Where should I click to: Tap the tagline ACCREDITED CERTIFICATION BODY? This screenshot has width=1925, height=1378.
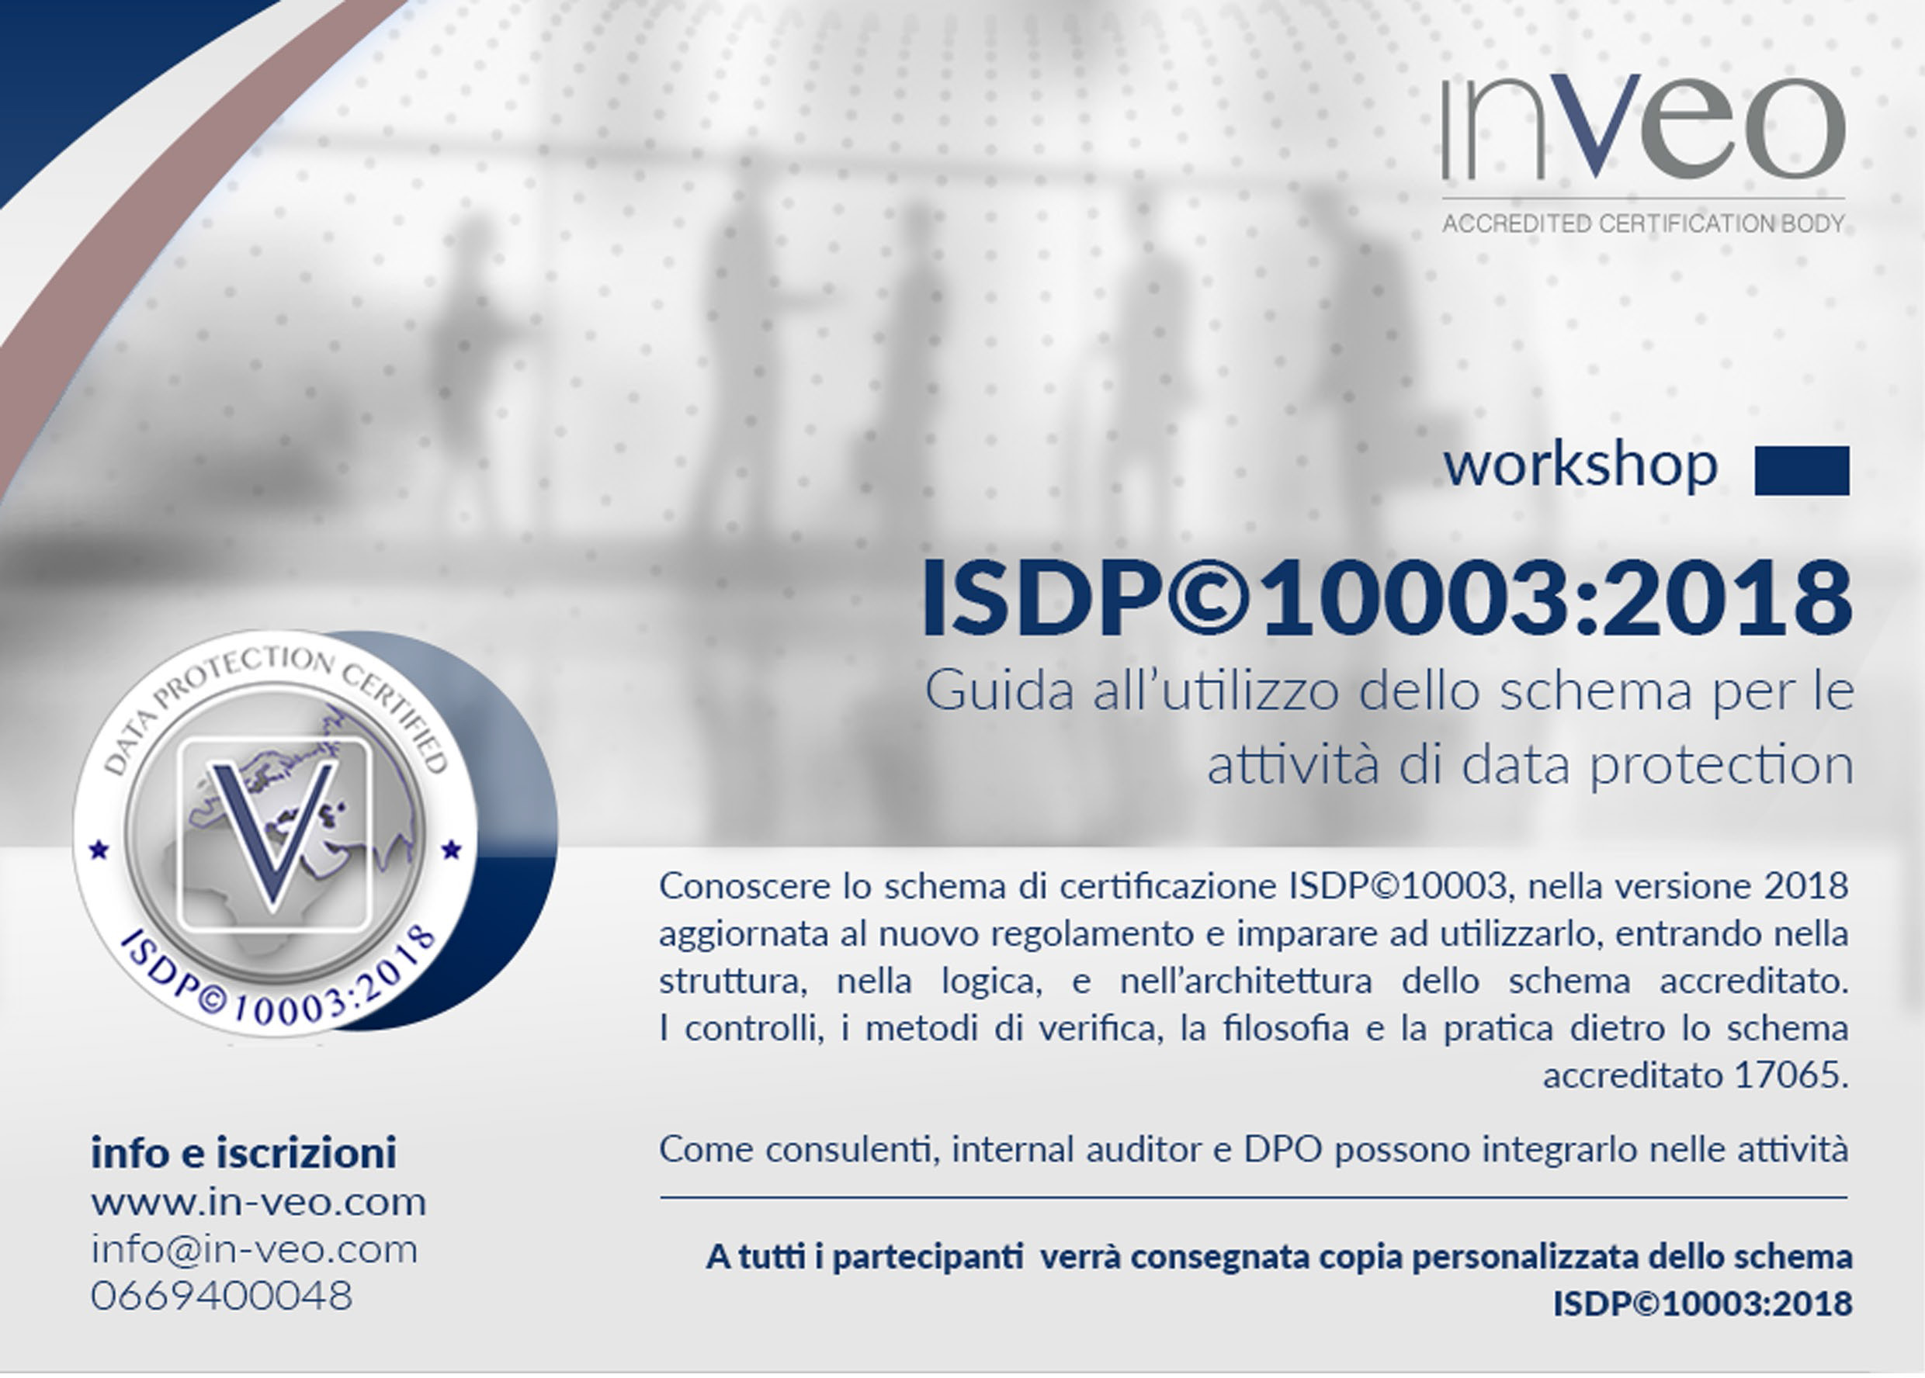coord(1643,224)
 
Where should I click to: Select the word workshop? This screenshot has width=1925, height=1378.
coord(1580,466)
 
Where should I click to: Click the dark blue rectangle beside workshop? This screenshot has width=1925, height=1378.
coord(1802,471)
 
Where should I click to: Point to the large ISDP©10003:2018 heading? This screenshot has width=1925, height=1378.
coord(1387,597)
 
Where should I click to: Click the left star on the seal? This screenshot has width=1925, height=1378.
coord(99,848)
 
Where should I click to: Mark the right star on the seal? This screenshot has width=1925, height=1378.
coord(452,848)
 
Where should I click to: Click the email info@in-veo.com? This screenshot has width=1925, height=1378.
coord(255,1250)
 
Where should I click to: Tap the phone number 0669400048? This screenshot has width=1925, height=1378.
coord(221,1297)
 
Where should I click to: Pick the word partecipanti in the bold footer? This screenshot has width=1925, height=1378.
coord(927,1258)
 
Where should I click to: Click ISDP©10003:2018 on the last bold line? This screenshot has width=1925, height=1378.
coord(1703,1304)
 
